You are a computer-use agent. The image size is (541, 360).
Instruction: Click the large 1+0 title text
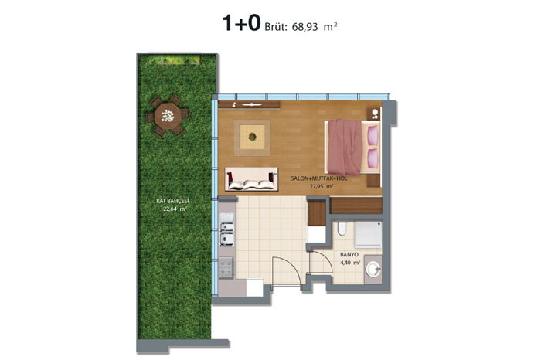click(x=241, y=23)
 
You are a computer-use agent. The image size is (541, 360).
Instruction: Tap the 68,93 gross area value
click(x=305, y=27)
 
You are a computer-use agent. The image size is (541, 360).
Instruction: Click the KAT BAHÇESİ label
click(x=172, y=201)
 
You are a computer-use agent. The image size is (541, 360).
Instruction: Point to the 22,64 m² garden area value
click(x=175, y=209)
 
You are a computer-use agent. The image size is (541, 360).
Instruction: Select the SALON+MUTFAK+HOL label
click(x=318, y=178)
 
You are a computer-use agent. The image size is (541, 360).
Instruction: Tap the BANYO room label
click(x=349, y=255)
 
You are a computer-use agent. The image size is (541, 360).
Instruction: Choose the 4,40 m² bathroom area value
click(x=350, y=263)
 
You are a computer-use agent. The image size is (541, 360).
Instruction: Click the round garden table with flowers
click(x=168, y=116)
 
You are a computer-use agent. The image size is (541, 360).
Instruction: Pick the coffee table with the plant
click(x=252, y=138)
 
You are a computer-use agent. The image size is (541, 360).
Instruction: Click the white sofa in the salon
click(x=251, y=179)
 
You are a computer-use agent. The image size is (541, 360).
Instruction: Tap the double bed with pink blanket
click(x=352, y=148)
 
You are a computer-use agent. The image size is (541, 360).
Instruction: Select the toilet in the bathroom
click(x=342, y=228)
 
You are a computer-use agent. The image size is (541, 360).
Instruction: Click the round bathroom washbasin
click(x=373, y=269)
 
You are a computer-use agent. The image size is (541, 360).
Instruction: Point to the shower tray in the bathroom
click(x=369, y=235)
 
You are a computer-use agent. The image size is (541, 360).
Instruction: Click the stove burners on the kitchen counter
click(x=226, y=267)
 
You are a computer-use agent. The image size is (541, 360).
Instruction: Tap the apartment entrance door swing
click(x=286, y=270)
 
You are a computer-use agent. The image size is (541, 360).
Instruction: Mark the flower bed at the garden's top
click(x=174, y=61)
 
